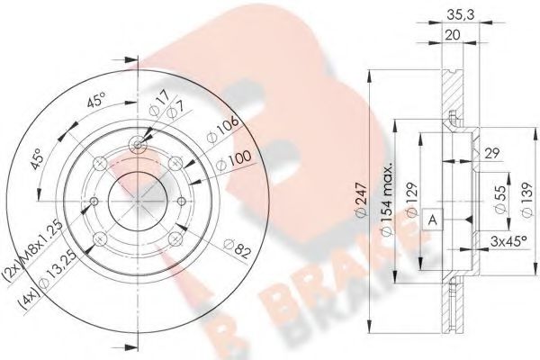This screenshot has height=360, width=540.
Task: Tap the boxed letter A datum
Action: [x=434, y=220]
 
